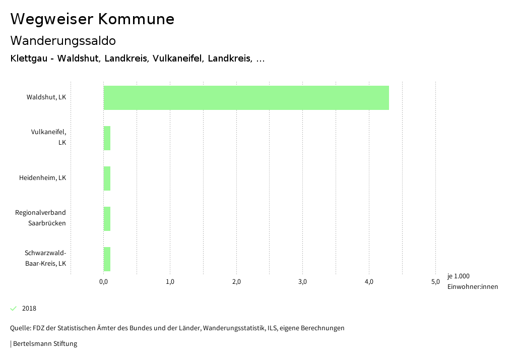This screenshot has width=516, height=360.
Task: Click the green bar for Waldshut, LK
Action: point(246,98)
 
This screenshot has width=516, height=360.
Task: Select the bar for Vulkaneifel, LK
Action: point(107,138)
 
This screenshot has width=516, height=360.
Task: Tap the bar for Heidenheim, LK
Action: point(107,178)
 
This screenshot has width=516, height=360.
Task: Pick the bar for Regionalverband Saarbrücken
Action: point(107,219)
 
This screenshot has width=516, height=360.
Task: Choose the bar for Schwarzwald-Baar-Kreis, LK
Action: point(107,259)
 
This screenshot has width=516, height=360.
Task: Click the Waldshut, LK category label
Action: point(46,97)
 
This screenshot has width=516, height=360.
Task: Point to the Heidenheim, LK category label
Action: point(42,178)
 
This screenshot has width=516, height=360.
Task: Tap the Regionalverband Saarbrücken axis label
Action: point(41,218)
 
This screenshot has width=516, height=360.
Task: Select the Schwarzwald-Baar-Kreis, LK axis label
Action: point(45,258)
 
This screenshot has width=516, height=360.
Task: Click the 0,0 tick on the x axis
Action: point(103,282)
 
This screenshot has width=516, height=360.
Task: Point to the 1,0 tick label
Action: point(170,282)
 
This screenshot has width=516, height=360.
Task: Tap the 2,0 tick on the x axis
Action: point(236,282)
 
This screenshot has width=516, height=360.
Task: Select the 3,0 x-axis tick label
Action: point(302,282)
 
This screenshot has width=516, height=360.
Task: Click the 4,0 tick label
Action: point(369,282)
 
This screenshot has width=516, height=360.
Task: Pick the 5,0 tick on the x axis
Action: point(435,282)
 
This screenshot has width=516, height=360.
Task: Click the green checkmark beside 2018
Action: point(14,308)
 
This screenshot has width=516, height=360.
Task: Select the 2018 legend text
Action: point(29,309)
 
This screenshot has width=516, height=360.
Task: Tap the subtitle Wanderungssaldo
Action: point(63,41)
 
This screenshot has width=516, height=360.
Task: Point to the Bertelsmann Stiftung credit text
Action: point(45,344)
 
